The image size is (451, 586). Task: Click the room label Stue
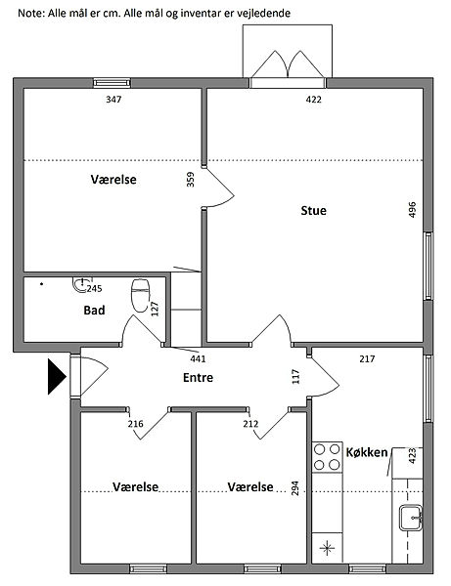click(313, 210)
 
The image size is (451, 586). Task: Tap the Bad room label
click(94, 310)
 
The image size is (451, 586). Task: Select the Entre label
click(198, 377)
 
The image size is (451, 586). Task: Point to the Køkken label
click(367, 452)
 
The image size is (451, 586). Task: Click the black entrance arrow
click(57, 376)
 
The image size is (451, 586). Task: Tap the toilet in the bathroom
click(140, 295)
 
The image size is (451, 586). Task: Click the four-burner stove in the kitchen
click(327, 457)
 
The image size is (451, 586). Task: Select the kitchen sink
click(411, 518)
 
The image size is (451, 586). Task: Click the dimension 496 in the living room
click(412, 210)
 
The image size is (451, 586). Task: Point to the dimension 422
click(314, 99)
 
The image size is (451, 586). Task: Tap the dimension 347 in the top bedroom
click(113, 99)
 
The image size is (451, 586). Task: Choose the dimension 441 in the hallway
click(198, 358)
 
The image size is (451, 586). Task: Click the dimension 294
click(294, 488)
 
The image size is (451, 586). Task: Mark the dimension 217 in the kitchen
click(367, 358)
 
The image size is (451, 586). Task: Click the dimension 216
click(135, 424)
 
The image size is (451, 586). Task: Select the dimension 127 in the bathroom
click(155, 309)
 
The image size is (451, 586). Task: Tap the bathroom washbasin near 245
click(80, 284)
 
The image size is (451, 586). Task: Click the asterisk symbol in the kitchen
click(328, 548)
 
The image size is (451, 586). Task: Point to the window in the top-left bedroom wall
click(112, 83)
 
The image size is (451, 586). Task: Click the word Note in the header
click(31, 13)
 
